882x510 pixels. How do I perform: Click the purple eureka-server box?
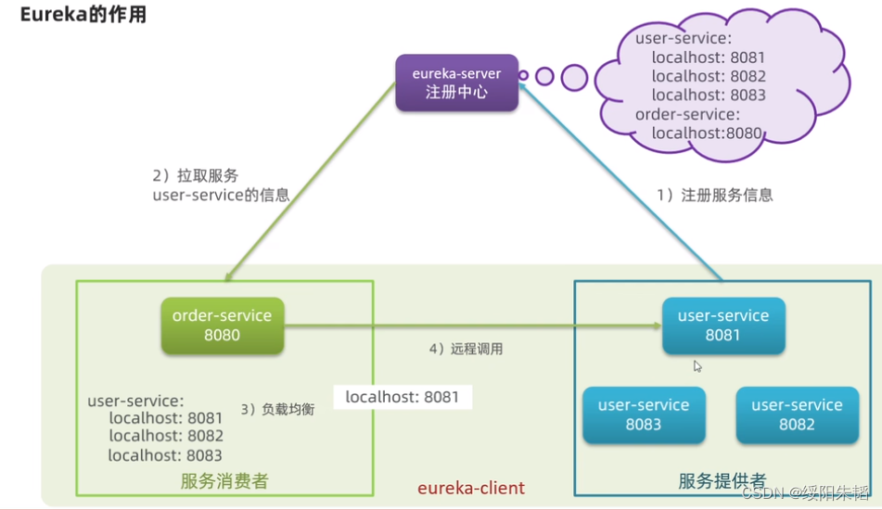coord(456,83)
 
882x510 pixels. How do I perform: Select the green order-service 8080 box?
coord(223,325)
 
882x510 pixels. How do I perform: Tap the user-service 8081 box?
coord(723,325)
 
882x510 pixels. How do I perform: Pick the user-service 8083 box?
coord(644,415)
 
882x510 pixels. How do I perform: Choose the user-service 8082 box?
coord(797,415)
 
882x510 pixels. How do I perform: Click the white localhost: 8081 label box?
coord(403,397)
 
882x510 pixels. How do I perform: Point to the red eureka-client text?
coord(471,488)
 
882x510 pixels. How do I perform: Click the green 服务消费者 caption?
coord(224,481)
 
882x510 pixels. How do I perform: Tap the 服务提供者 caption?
coord(722,481)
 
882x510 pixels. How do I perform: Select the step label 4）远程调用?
coord(466,350)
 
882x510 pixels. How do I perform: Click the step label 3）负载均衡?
coord(278,409)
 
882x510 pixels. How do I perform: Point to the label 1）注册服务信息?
coord(715,195)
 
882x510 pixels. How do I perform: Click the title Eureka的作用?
coord(83,14)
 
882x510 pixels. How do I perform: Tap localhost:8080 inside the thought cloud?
coord(707,134)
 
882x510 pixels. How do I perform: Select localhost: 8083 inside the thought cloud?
coord(709,95)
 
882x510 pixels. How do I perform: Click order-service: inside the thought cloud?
coord(687,114)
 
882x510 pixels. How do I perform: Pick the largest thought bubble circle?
coord(574,78)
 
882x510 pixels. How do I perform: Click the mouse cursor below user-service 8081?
coord(697,366)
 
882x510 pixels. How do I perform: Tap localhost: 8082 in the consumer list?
coord(166,436)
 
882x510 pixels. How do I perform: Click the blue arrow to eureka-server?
coord(621,182)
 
